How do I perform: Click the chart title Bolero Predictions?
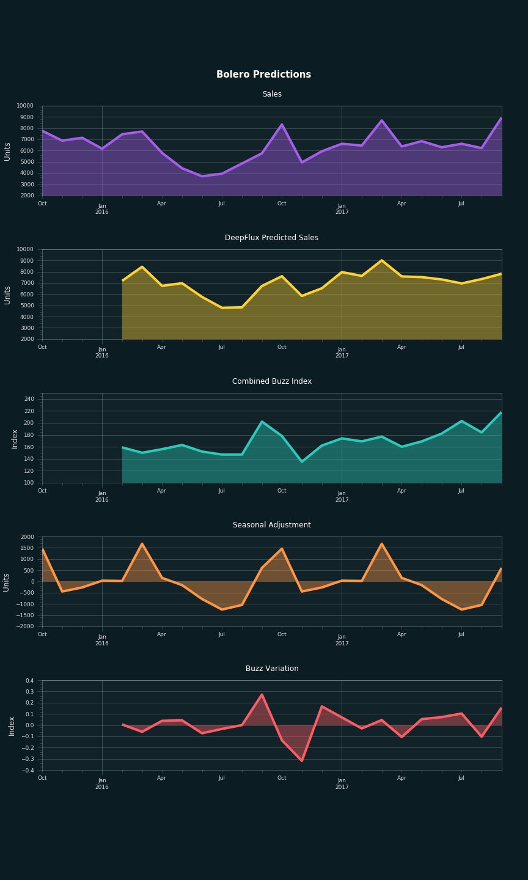pyautogui.click(x=263, y=75)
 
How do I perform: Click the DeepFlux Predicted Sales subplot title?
pyautogui.click(x=271, y=238)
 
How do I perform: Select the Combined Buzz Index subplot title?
pyautogui.click(x=271, y=381)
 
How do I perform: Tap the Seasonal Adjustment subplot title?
pyautogui.click(x=271, y=525)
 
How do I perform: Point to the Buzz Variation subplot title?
pyautogui.click(x=271, y=669)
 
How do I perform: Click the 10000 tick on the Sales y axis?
pyautogui.click(x=25, y=106)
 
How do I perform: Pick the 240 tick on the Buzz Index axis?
pyautogui.click(x=29, y=399)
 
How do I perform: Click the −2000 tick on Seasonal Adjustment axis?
pyautogui.click(x=25, y=626)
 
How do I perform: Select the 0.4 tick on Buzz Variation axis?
pyautogui.click(x=29, y=681)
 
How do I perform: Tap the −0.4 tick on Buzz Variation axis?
pyautogui.click(x=28, y=771)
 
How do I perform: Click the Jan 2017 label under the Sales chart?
pyautogui.click(x=342, y=209)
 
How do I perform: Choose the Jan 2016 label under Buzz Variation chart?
pyautogui.click(x=102, y=783)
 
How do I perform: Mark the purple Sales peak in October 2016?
pyautogui.click(x=282, y=125)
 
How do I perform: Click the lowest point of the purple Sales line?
pyautogui.click(x=202, y=176)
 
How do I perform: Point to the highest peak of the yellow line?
pyautogui.click(x=381, y=260)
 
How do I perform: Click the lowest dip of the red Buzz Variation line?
pyautogui.click(x=301, y=760)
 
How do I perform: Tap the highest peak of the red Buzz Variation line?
pyautogui.click(x=262, y=695)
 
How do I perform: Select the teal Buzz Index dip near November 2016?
pyautogui.click(x=301, y=461)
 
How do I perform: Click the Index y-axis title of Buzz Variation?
pyautogui.click(x=12, y=725)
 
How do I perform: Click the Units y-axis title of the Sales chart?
pyautogui.click(x=7, y=151)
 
